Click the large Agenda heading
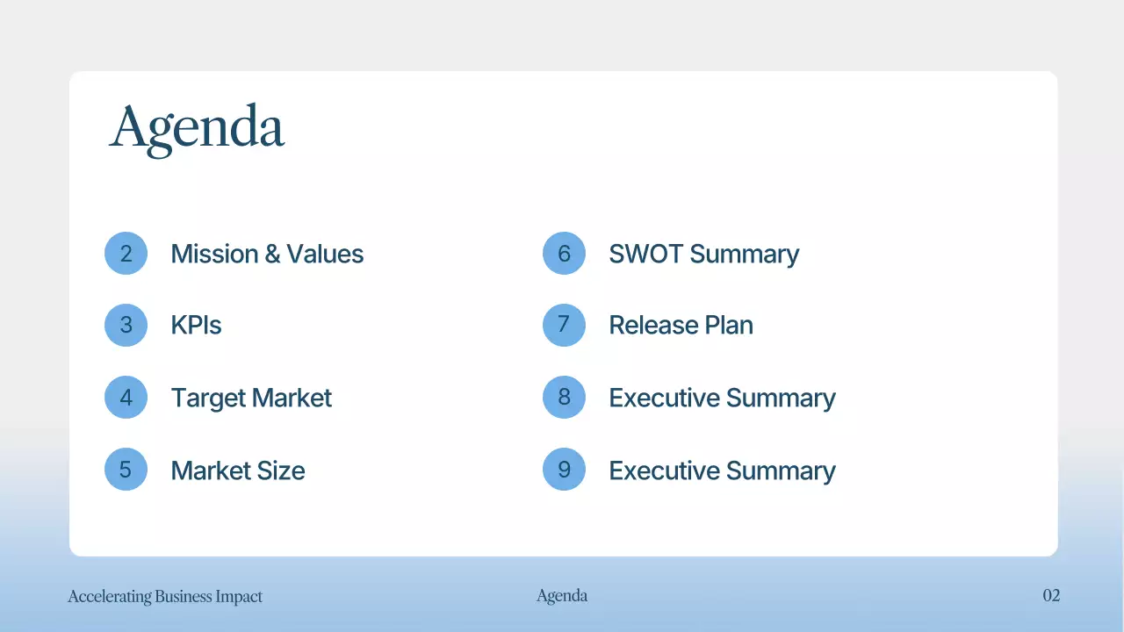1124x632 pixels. tap(197, 128)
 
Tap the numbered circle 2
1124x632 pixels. tap(126, 254)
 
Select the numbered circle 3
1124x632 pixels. tap(126, 325)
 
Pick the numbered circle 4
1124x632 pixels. tap(126, 398)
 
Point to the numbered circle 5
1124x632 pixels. tap(126, 470)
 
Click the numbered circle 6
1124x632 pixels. tap(564, 254)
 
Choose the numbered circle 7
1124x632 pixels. tap(564, 325)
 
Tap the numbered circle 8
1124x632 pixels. tap(564, 398)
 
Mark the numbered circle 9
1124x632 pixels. tap(564, 470)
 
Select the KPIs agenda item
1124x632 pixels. tap(196, 325)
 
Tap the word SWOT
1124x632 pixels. tap(646, 254)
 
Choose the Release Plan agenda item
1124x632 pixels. tap(681, 325)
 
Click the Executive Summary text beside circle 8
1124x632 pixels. tap(722, 398)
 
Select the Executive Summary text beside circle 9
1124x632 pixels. tap(722, 470)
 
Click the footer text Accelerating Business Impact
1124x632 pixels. tap(165, 597)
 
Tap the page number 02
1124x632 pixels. tap(1051, 596)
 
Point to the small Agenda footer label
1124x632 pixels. tap(562, 596)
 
